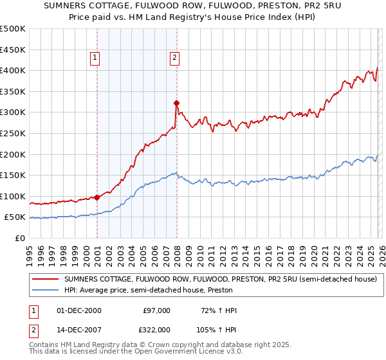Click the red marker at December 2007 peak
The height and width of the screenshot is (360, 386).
(x=176, y=103)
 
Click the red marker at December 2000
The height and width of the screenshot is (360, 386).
(x=96, y=197)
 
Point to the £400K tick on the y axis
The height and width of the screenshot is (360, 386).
(x=13, y=71)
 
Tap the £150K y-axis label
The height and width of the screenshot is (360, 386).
(x=13, y=175)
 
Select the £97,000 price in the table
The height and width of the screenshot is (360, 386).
(x=156, y=310)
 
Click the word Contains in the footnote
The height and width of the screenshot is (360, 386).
(x=45, y=346)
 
